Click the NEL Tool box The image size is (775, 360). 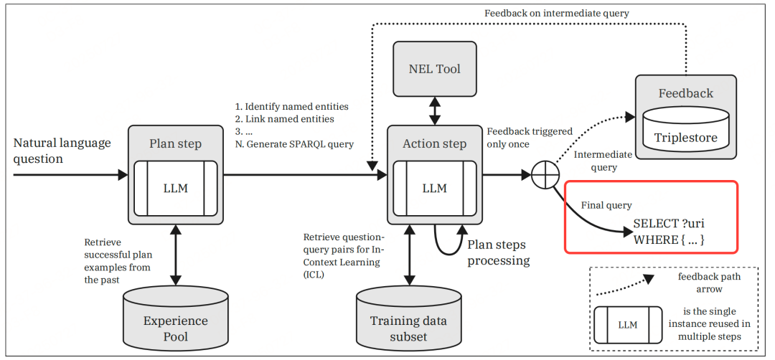(x=434, y=69)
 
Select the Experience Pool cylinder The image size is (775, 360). (x=175, y=321)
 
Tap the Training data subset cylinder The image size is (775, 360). (x=408, y=321)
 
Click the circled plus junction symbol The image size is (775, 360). (x=545, y=174)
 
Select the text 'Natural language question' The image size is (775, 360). (x=62, y=150)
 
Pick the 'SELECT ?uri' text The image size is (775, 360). (x=664, y=223)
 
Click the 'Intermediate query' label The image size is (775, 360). (x=603, y=161)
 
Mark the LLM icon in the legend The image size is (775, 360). (x=627, y=324)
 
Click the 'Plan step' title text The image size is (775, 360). (x=175, y=143)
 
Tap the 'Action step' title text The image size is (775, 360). (x=434, y=143)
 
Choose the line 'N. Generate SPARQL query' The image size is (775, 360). (x=294, y=143)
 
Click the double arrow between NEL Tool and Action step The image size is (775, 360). (x=434, y=111)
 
